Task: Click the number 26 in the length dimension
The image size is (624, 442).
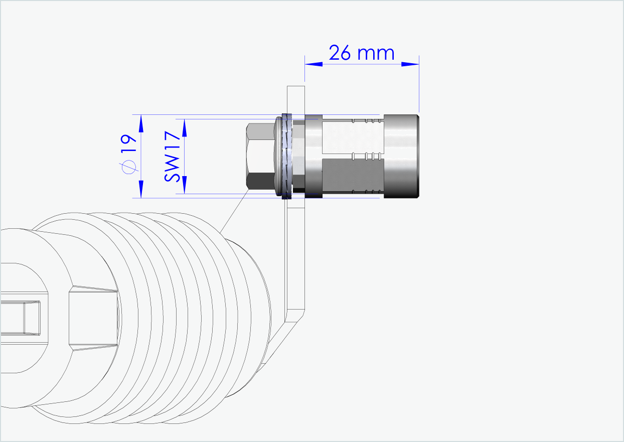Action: click(340, 52)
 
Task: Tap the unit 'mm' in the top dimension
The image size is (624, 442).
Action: click(376, 53)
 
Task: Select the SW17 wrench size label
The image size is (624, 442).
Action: click(172, 156)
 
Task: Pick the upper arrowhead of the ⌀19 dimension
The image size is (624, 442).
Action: click(141, 122)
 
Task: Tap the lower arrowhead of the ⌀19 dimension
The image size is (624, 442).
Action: click(141, 189)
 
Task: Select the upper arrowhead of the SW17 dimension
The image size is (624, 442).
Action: click(184, 127)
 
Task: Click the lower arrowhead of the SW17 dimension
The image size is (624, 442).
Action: click(184, 185)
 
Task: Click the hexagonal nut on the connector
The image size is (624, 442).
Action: click(260, 156)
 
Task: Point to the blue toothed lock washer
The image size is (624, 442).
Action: click(287, 156)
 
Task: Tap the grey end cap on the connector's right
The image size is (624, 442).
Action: click(401, 156)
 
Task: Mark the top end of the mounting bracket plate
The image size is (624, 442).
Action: click(295, 90)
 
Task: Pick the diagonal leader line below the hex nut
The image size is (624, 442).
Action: click(235, 211)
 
